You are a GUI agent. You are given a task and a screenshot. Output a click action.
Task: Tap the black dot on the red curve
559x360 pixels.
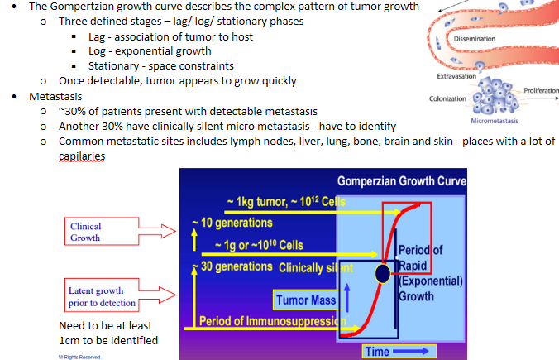tap(383, 273)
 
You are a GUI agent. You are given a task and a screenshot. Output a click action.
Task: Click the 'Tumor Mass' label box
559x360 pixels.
tap(305, 300)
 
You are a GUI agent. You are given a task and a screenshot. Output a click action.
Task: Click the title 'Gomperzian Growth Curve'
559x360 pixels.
tap(401, 182)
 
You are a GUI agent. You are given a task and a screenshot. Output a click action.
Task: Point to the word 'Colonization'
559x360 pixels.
tap(449, 98)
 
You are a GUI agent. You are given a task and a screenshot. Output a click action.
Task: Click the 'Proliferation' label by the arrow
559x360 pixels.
tap(541, 89)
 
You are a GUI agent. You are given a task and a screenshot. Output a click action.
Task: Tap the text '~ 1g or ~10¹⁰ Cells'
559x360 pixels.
tap(258, 245)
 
